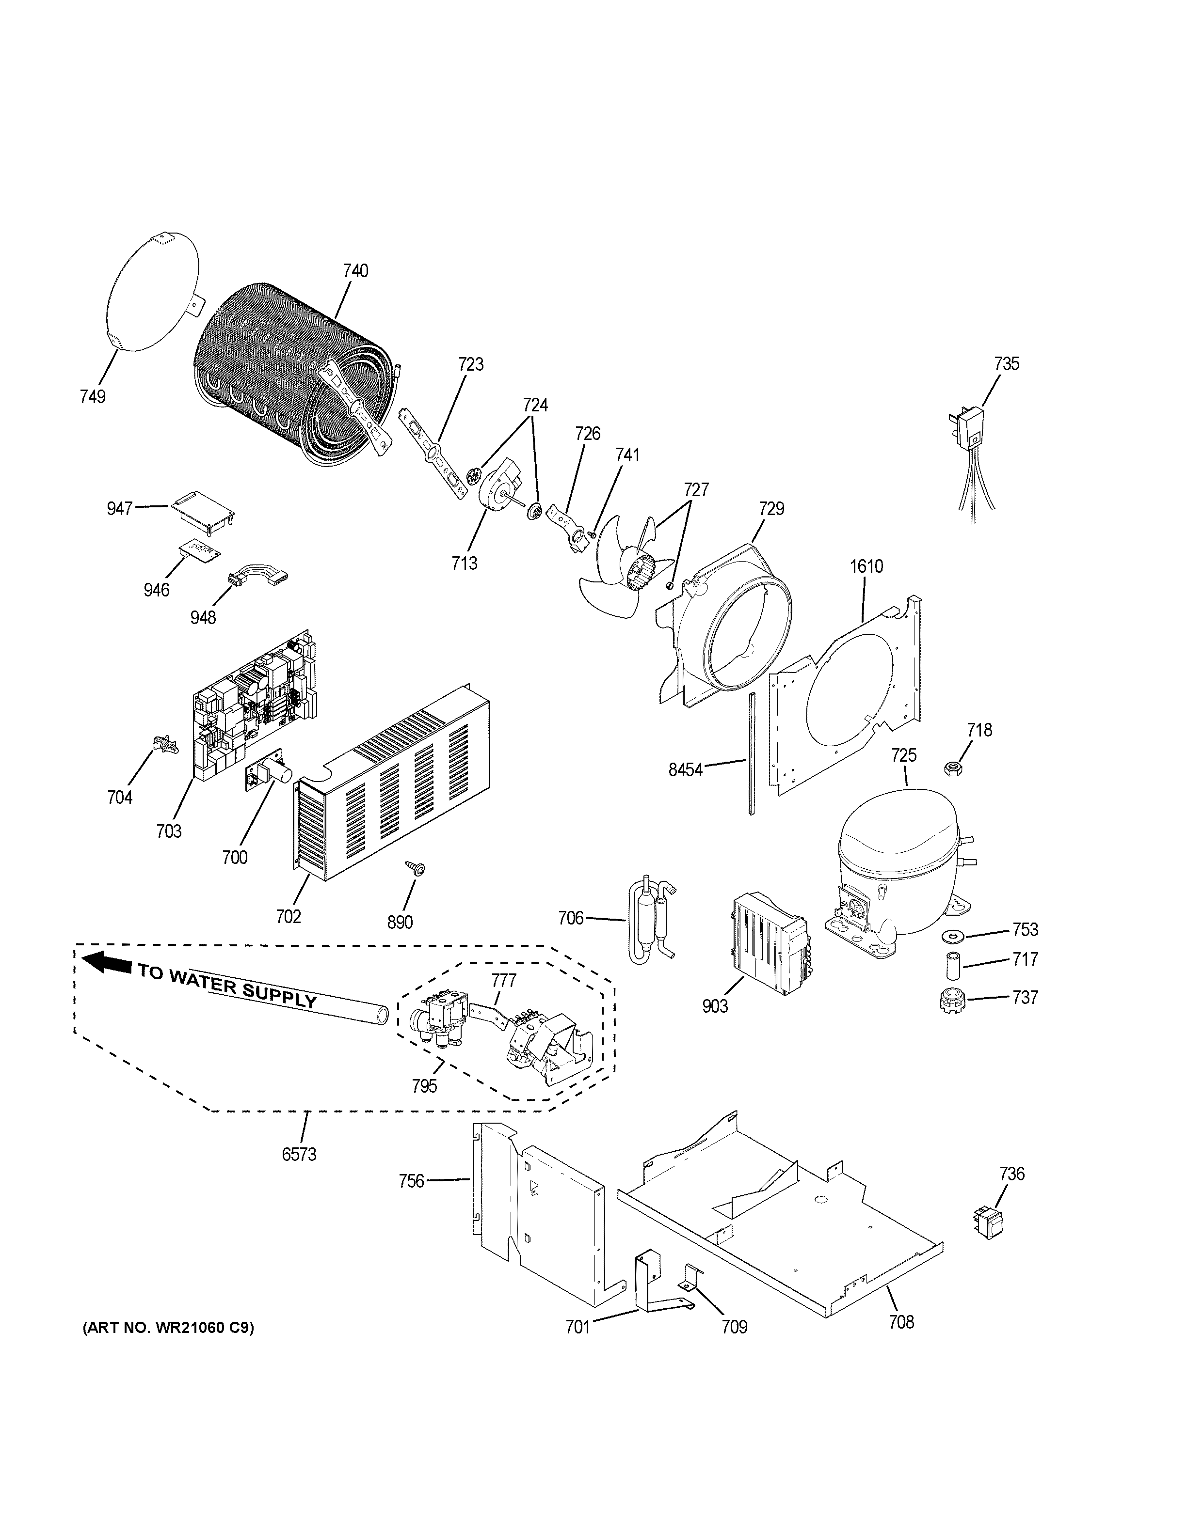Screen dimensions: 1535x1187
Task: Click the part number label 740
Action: [x=355, y=270]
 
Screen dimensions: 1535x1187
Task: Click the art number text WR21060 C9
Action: [x=169, y=1328]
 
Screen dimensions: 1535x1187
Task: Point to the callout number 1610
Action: [x=866, y=566]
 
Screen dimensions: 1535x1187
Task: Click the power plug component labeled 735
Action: [x=972, y=430]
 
